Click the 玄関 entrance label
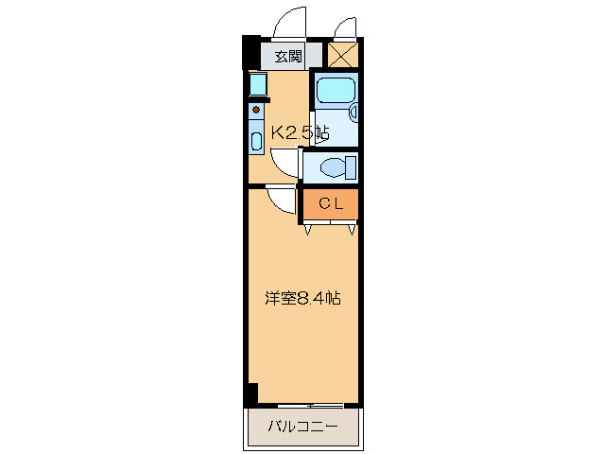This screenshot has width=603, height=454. [x=288, y=56]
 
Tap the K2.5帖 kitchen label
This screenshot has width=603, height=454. [x=300, y=133]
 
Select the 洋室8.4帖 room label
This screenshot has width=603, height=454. [x=301, y=298]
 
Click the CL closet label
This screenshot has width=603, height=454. [x=329, y=202]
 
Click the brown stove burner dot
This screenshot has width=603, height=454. [x=255, y=110]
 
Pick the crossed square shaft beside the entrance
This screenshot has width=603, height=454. [x=342, y=55]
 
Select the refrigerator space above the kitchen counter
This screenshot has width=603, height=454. [x=257, y=84]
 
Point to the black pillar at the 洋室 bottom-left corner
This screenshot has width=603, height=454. [x=250, y=394]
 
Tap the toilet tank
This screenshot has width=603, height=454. [x=352, y=167]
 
